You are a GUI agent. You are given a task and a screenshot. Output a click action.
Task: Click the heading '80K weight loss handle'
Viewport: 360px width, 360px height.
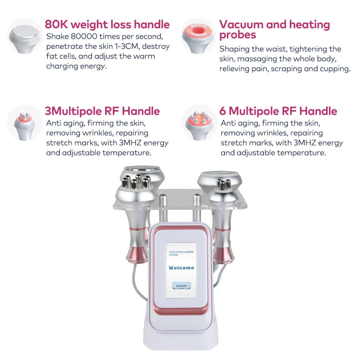[x=107, y=24]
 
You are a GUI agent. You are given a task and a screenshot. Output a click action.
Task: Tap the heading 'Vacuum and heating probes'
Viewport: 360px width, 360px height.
[x=274, y=30]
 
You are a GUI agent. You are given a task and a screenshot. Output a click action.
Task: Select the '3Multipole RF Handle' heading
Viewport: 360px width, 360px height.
[x=102, y=111]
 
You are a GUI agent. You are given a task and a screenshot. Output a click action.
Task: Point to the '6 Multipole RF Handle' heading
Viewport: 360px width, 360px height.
[x=278, y=111]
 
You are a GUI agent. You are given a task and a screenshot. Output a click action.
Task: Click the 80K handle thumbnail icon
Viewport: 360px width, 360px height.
[x=24, y=36]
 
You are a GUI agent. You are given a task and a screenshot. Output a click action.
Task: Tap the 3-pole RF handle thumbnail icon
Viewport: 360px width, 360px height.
[x=24, y=122]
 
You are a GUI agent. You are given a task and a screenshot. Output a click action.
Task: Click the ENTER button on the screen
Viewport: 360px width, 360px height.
[x=181, y=285]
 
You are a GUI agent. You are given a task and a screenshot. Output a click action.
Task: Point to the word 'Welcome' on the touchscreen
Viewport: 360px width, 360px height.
[x=181, y=267]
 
